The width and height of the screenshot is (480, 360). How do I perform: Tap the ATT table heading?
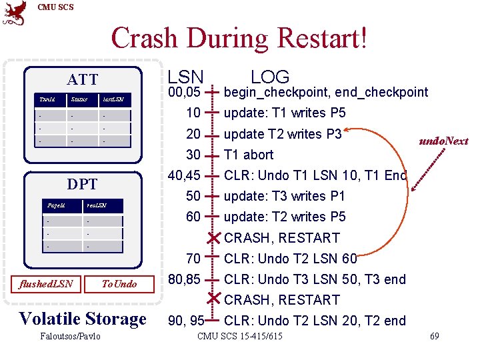point(83,80)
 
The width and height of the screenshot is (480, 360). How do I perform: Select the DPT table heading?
point(83,184)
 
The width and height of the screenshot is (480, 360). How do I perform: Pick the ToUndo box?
point(119,284)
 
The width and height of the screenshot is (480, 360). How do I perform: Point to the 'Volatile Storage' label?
point(83,318)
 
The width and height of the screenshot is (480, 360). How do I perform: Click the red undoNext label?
point(443,141)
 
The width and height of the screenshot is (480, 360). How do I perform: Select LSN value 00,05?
point(185,92)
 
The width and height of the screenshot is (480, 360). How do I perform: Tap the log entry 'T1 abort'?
point(249,155)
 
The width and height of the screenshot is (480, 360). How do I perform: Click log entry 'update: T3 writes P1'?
point(285,196)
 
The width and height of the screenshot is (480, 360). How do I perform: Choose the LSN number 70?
point(193,259)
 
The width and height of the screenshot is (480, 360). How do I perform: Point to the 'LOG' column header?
point(270,76)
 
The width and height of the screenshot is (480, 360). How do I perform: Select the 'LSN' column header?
point(186,76)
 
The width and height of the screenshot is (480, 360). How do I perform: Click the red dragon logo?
point(15,13)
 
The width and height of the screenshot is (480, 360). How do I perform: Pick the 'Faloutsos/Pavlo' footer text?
point(70,336)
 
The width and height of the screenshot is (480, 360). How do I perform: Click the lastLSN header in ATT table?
point(113,100)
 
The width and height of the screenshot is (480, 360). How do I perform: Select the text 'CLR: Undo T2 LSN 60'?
point(291,259)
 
